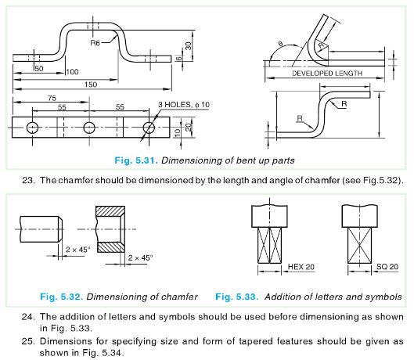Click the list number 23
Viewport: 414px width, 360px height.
click(27, 181)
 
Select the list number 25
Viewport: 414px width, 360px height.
click(27, 341)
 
